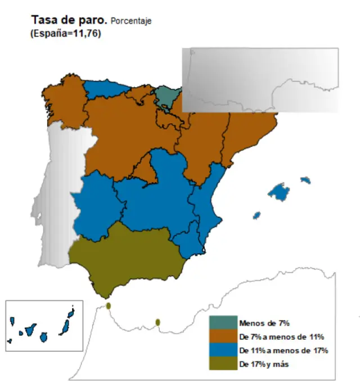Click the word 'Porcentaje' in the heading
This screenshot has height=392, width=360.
[131, 22]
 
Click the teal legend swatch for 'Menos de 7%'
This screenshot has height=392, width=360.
[223, 323]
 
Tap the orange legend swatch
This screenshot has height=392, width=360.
[223, 337]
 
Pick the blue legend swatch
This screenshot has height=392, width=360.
[223, 350]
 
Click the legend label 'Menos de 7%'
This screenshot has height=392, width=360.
[264, 323]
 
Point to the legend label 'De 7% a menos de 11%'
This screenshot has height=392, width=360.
[281, 337]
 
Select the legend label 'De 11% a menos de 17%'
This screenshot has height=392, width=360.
[283, 350]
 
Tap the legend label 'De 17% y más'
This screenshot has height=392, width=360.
[263, 364]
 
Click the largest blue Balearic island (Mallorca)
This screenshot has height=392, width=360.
[278, 192]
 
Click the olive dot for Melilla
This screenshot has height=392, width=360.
[158, 322]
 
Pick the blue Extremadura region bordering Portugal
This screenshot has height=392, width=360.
[96, 206]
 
